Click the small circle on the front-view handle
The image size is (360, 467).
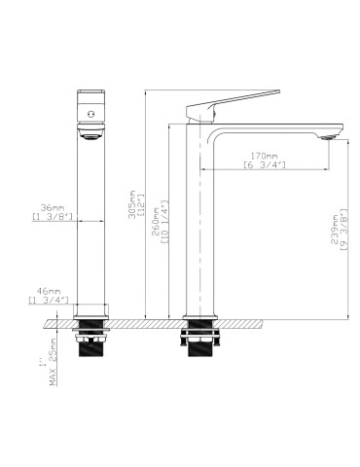coord(90,114)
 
